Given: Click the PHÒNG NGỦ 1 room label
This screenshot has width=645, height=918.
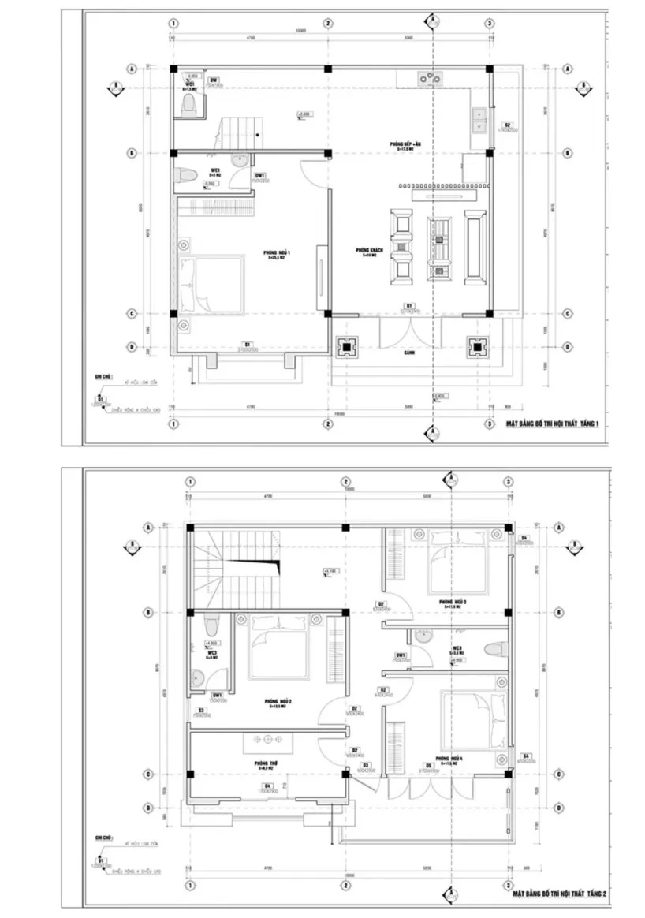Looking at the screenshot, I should (x=278, y=253).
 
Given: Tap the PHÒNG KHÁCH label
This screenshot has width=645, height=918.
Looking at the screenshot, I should (x=368, y=252).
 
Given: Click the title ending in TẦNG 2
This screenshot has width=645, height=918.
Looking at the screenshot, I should (x=559, y=894).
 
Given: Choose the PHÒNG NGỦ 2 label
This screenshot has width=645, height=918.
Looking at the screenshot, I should (x=279, y=702).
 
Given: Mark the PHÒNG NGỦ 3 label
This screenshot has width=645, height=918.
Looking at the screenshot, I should (x=455, y=602).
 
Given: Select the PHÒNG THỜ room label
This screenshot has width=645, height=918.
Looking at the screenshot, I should (x=265, y=763).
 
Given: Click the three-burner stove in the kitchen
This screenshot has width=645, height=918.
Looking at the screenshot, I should (x=431, y=77).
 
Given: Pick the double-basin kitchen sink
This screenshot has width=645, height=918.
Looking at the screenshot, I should (x=478, y=119).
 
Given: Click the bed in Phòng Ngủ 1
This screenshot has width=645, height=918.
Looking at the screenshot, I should (x=210, y=284).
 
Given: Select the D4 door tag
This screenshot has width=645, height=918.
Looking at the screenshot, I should (x=268, y=786).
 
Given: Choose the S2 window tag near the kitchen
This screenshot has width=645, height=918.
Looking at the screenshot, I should (x=508, y=125).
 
